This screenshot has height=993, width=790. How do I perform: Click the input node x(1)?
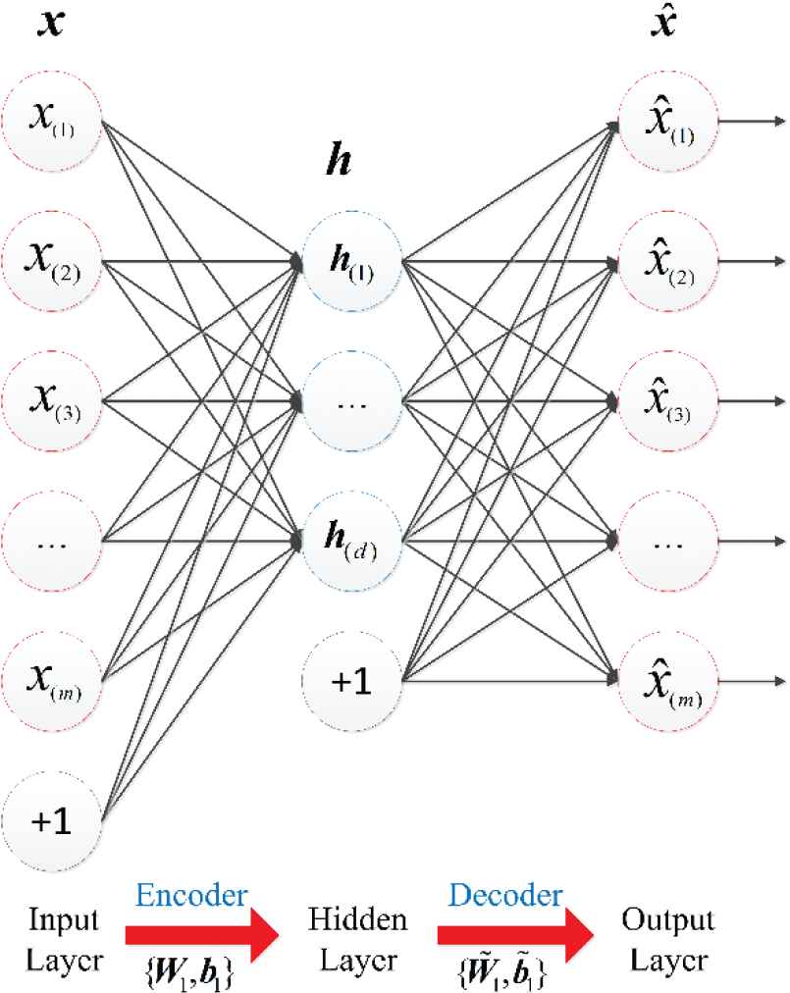(x=52, y=124)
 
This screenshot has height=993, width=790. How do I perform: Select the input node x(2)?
(x=52, y=262)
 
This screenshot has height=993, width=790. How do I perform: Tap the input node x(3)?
(x=52, y=400)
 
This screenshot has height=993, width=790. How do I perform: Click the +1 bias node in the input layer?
(x=52, y=815)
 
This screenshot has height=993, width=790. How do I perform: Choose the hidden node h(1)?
(x=351, y=262)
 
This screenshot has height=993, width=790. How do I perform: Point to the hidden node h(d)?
(x=351, y=539)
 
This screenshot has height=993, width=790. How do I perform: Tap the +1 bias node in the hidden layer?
(x=351, y=677)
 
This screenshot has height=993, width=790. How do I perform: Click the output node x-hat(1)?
(x=668, y=124)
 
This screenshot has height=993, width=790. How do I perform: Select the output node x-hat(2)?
(x=668, y=262)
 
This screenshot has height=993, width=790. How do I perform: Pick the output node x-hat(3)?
(x=668, y=400)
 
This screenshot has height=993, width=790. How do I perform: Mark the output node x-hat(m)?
(x=668, y=677)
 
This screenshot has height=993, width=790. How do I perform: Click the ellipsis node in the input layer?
(x=52, y=539)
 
